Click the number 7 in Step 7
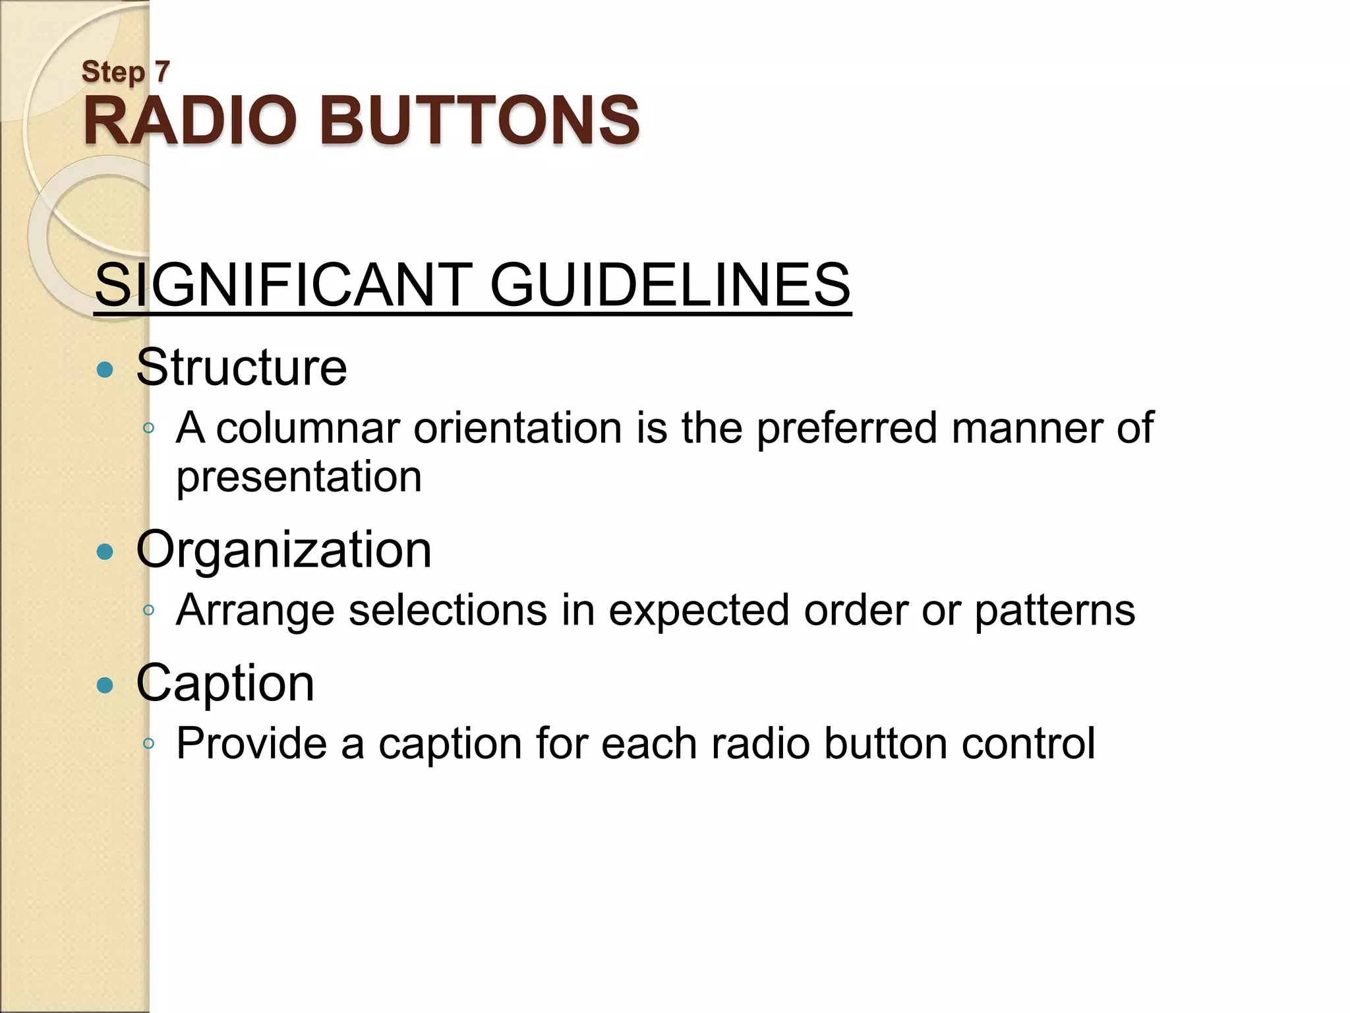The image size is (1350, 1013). coord(162,71)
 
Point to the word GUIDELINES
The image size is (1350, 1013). coord(670,285)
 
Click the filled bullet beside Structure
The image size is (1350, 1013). coord(105,369)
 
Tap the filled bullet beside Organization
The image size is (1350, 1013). coord(105,551)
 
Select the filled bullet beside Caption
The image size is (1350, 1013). coord(105,685)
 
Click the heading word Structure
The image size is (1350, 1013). coord(241,367)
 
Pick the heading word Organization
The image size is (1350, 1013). coord(283,549)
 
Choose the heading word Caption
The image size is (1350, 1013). coord(225,684)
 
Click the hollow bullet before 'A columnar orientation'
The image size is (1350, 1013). coord(149,429)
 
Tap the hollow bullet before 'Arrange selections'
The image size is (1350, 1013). coord(149,611)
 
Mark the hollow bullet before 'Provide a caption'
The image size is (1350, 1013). coord(149,744)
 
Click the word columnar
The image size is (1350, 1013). coord(308,429)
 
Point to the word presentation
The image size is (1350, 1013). coord(299,477)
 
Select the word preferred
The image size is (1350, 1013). coord(846,429)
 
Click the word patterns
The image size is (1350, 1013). coord(1055,611)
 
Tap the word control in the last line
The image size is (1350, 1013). coord(1028,744)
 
